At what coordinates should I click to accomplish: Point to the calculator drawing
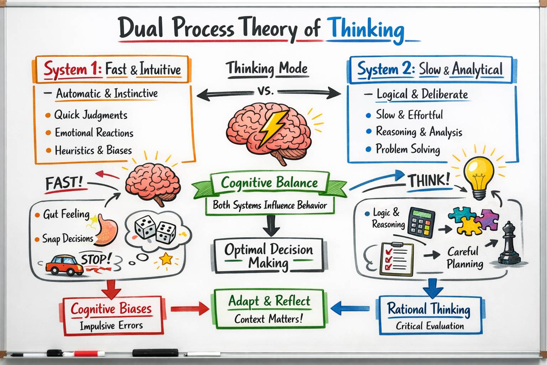pyautogui.click(x=422, y=223)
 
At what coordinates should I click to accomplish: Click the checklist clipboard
pyautogui.click(x=396, y=259)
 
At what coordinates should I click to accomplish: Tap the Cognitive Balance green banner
pyautogui.click(x=269, y=185)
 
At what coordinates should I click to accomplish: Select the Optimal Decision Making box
pyautogui.click(x=269, y=256)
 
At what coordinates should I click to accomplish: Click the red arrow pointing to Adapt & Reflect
pyautogui.click(x=190, y=309)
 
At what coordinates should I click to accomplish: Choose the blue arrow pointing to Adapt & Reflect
pyautogui.click(x=350, y=308)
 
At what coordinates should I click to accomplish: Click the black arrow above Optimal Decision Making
pyautogui.click(x=271, y=226)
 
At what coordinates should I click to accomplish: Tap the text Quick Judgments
pyautogui.click(x=90, y=115)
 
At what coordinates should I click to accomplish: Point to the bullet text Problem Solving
pyautogui.click(x=408, y=149)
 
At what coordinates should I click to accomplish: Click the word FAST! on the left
pyautogui.click(x=64, y=183)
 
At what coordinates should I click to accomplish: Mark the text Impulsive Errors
pyautogui.click(x=111, y=326)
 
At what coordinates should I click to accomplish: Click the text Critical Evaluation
pyautogui.click(x=430, y=326)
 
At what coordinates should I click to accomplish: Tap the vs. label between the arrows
pyautogui.click(x=266, y=91)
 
